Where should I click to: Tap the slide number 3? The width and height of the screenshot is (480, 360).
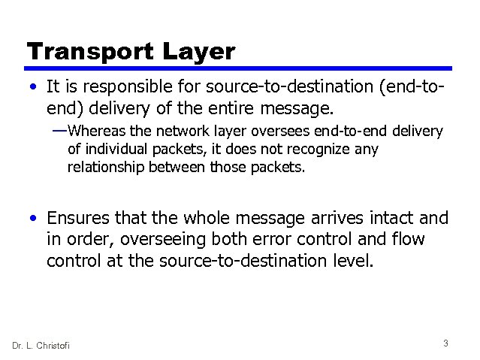(445, 343)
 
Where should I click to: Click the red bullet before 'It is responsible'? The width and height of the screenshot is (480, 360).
(34, 91)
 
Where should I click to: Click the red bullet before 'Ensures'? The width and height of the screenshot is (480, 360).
(34, 219)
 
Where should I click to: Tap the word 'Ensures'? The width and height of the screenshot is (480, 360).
(80, 219)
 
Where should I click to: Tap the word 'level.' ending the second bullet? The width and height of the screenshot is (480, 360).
(351, 262)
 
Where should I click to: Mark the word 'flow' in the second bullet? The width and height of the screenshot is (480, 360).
(407, 241)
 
